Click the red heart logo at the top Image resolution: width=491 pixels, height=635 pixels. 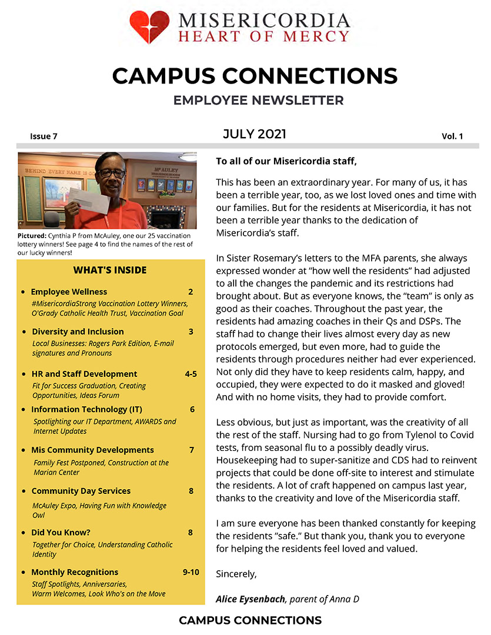tap(149, 27)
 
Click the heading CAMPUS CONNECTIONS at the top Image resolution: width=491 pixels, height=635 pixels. tap(255, 76)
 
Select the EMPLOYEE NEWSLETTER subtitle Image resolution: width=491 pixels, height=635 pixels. tap(258, 101)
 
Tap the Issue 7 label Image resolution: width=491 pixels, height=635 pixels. tap(44, 136)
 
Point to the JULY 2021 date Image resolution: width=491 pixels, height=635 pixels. tap(254, 135)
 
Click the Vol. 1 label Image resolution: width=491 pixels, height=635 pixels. tap(452, 136)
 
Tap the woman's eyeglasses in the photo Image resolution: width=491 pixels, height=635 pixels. tap(111, 173)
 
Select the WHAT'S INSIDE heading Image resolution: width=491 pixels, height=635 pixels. tap(110, 270)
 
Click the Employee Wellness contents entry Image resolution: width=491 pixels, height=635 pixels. tap(69, 292)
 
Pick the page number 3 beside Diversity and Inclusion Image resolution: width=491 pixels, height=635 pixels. tap(191, 332)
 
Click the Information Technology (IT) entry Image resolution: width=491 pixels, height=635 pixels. tap(86, 409)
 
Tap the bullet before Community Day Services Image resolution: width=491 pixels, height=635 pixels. tap(23, 492)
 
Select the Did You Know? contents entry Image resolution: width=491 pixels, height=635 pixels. tap(61, 533)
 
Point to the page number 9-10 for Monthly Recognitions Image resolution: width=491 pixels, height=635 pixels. tap(191, 572)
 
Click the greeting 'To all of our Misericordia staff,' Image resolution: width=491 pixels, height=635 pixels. tap(286, 161)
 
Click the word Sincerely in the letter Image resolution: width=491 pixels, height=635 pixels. tap(236, 573)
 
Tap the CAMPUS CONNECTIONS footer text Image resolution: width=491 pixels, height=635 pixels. tap(250, 620)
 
